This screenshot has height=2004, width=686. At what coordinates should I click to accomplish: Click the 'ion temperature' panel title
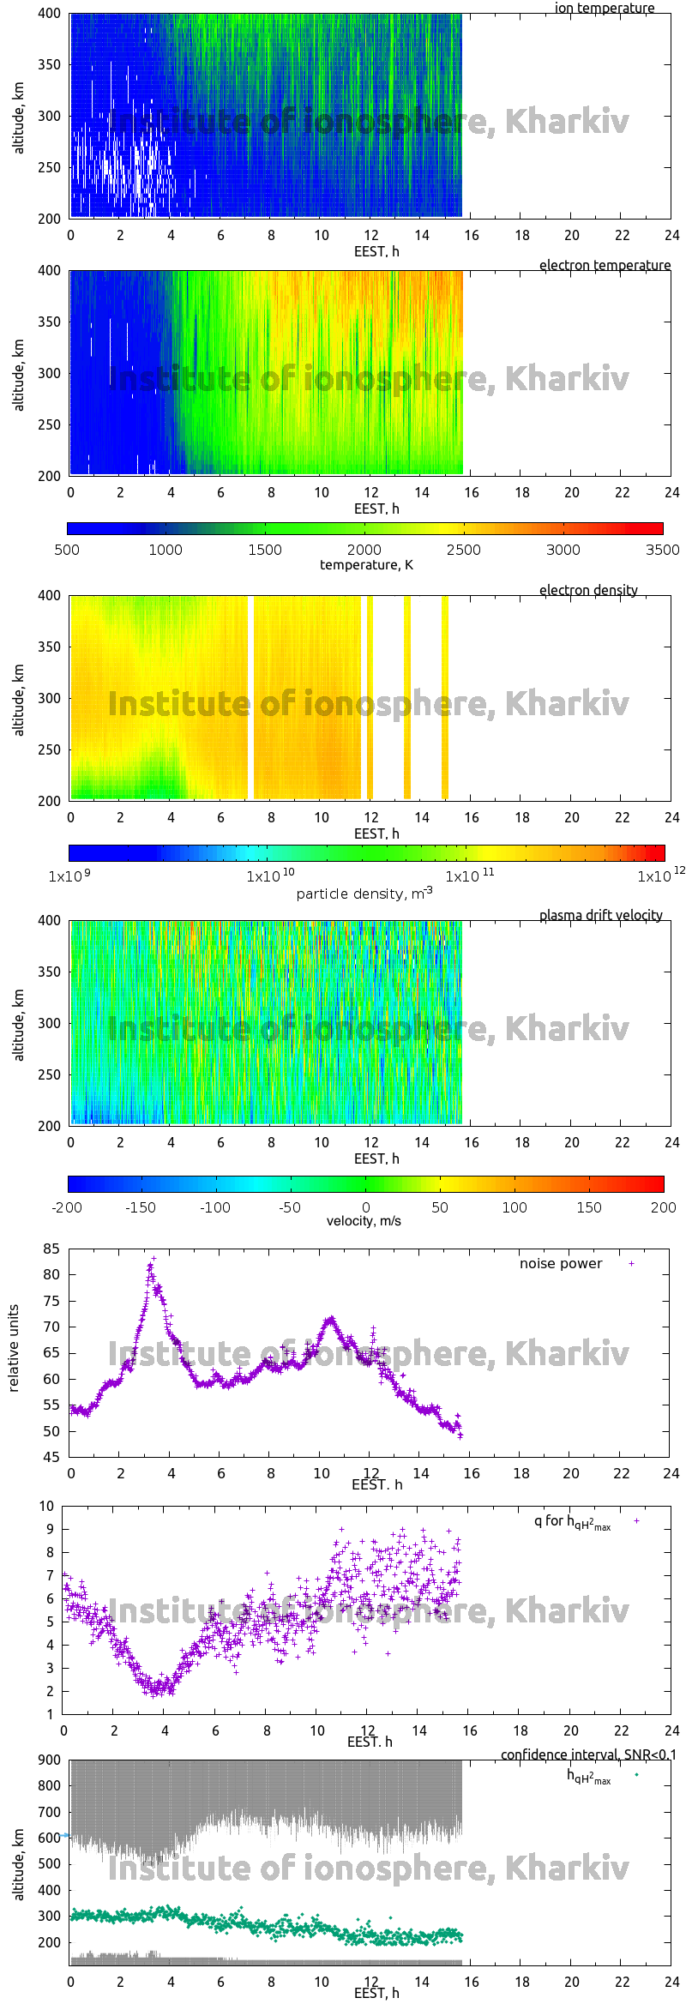[604, 9]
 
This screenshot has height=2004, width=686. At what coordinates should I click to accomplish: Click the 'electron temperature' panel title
[605, 266]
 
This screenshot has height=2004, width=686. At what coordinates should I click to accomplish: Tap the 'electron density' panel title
[588, 591]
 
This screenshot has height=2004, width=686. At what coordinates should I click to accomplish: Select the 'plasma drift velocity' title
[600, 916]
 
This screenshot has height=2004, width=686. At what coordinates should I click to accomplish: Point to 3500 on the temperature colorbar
[662, 550]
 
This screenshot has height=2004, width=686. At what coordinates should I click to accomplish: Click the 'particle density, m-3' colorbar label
[364, 894]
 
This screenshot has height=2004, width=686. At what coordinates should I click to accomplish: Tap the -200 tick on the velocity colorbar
[67, 1207]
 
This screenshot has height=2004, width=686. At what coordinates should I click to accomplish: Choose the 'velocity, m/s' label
[364, 1221]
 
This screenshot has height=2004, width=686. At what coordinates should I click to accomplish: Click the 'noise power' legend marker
[631, 1264]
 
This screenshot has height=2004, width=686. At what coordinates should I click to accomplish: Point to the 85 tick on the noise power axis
[51, 1249]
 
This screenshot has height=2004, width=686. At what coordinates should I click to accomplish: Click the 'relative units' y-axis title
[14, 1348]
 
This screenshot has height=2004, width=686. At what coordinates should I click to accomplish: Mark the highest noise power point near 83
[154, 1259]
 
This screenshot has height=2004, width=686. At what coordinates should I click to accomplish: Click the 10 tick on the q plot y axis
[47, 1506]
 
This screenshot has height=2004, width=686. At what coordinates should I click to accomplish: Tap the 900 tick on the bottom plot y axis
[50, 1760]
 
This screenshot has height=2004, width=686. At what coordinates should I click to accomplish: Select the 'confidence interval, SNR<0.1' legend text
[588, 1755]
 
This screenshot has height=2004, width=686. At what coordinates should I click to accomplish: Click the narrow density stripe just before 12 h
[370, 697]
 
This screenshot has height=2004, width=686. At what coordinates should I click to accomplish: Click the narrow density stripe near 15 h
[445, 697]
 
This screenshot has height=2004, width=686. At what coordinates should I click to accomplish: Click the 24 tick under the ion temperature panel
[671, 235]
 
